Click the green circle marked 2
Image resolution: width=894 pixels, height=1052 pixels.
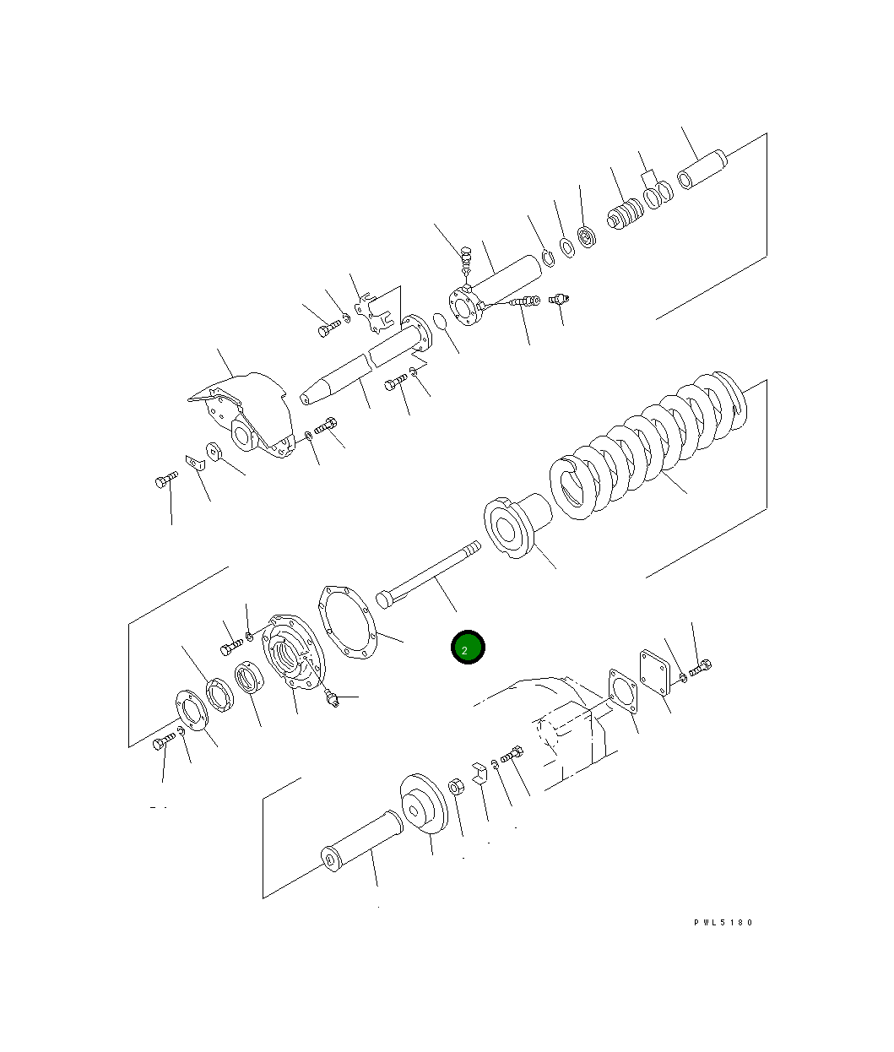[x=468, y=647]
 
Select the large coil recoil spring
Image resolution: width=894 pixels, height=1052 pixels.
[x=648, y=445]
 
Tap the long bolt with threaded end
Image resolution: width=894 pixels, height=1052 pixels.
[x=428, y=575]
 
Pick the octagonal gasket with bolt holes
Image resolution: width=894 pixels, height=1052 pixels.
[x=347, y=621]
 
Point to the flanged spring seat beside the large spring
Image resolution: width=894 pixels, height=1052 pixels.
[x=517, y=528]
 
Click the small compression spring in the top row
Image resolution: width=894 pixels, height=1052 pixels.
[x=626, y=214]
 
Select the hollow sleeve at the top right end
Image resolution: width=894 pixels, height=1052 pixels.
[x=702, y=170]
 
